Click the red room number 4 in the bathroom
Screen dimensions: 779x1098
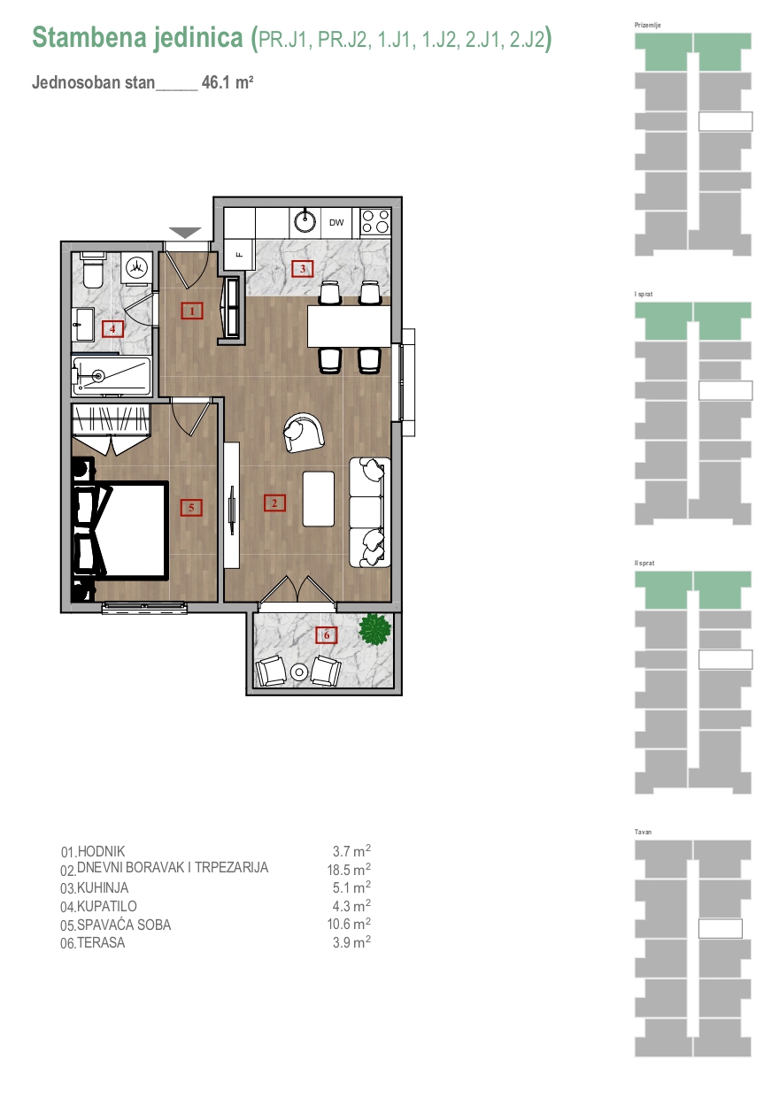click(x=112, y=328)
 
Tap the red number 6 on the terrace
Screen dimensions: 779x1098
click(x=327, y=635)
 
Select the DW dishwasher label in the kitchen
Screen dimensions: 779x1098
click(x=336, y=223)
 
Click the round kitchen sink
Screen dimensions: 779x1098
click(x=305, y=222)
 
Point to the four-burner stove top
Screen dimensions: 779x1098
click(x=375, y=221)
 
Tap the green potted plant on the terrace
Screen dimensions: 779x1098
click(x=374, y=629)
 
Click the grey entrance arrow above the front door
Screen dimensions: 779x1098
click(x=185, y=233)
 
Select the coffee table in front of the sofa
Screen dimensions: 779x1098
click(x=319, y=498)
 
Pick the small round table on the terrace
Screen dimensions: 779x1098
click(x=298, y=672)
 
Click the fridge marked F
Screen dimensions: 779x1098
click(x=239, y=255)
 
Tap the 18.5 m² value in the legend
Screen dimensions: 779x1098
click(x=349, y=870)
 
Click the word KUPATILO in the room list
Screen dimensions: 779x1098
click(x=107, y=906)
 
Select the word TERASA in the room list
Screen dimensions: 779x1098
click(x=101, y=942)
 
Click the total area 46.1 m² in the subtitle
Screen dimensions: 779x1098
click(x=228, y=82)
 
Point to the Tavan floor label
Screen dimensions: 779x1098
click(x=643, y=832)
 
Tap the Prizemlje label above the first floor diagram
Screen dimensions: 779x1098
click(x=647, y=25)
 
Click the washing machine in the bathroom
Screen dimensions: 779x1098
click(x=137, y=267)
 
